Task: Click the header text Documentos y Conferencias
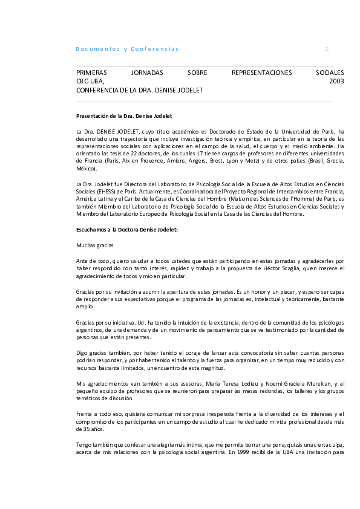tap(127, 48)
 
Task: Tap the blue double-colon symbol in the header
tap(327, 48)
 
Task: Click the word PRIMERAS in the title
tap(91, 73)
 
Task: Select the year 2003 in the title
tap(337, 81)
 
